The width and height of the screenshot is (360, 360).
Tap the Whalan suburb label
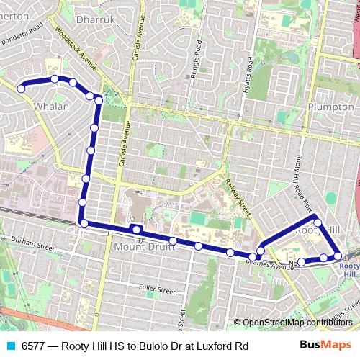tap(52, 107)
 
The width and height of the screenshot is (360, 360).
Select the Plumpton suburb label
tap(330, 107)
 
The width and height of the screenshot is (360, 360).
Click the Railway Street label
tap(237, 197)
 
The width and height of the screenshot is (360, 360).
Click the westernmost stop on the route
tap(21, 89)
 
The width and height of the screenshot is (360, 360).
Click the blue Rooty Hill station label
tap(348, 269)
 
